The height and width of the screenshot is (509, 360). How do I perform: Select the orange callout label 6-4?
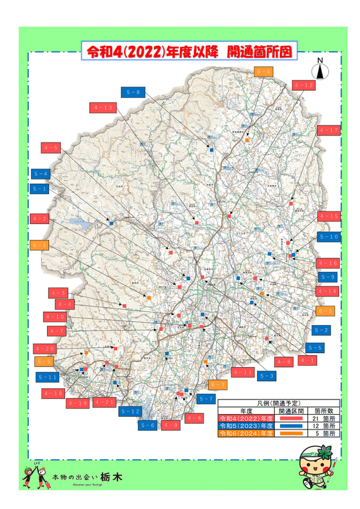pos(264,71)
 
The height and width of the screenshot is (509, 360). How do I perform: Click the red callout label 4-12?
pos(303,85)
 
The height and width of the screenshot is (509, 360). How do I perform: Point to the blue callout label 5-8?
pos(134,93)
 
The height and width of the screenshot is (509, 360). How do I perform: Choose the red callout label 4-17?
pos(329,130)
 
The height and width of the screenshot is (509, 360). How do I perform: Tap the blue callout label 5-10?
pos(329,237)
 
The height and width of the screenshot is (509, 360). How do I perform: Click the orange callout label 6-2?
pos(325,311)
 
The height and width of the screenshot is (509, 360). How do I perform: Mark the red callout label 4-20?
pos(46,349)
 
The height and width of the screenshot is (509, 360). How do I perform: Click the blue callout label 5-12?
pos(130,412)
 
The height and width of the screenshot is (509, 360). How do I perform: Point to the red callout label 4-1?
pos(308,361)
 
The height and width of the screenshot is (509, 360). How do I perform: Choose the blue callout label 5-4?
pos(41,174)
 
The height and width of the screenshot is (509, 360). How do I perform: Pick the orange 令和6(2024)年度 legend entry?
pos(245,433)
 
